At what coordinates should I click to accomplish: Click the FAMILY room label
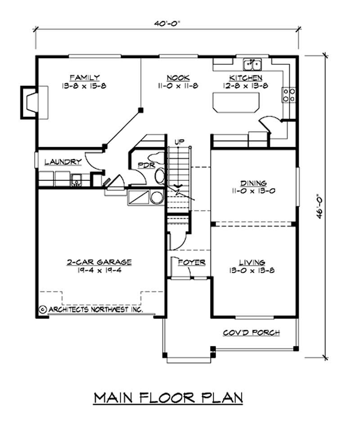(85, 77)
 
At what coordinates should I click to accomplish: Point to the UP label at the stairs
(180, 142)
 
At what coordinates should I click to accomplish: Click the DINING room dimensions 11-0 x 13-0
(253, 191)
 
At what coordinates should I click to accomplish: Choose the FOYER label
(192, 262)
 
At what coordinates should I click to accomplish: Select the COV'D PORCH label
(252, 333)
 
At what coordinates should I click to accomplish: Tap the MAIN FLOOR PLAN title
(169, 398)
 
